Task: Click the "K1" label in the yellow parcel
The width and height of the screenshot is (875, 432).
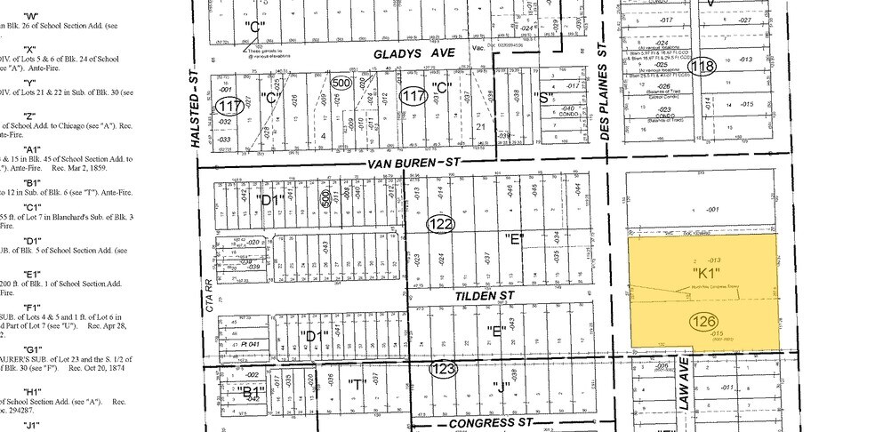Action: pyautogui.click(x=707, y=271)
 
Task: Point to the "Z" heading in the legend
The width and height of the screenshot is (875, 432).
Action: pyautogui.click(x=29, y=116)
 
